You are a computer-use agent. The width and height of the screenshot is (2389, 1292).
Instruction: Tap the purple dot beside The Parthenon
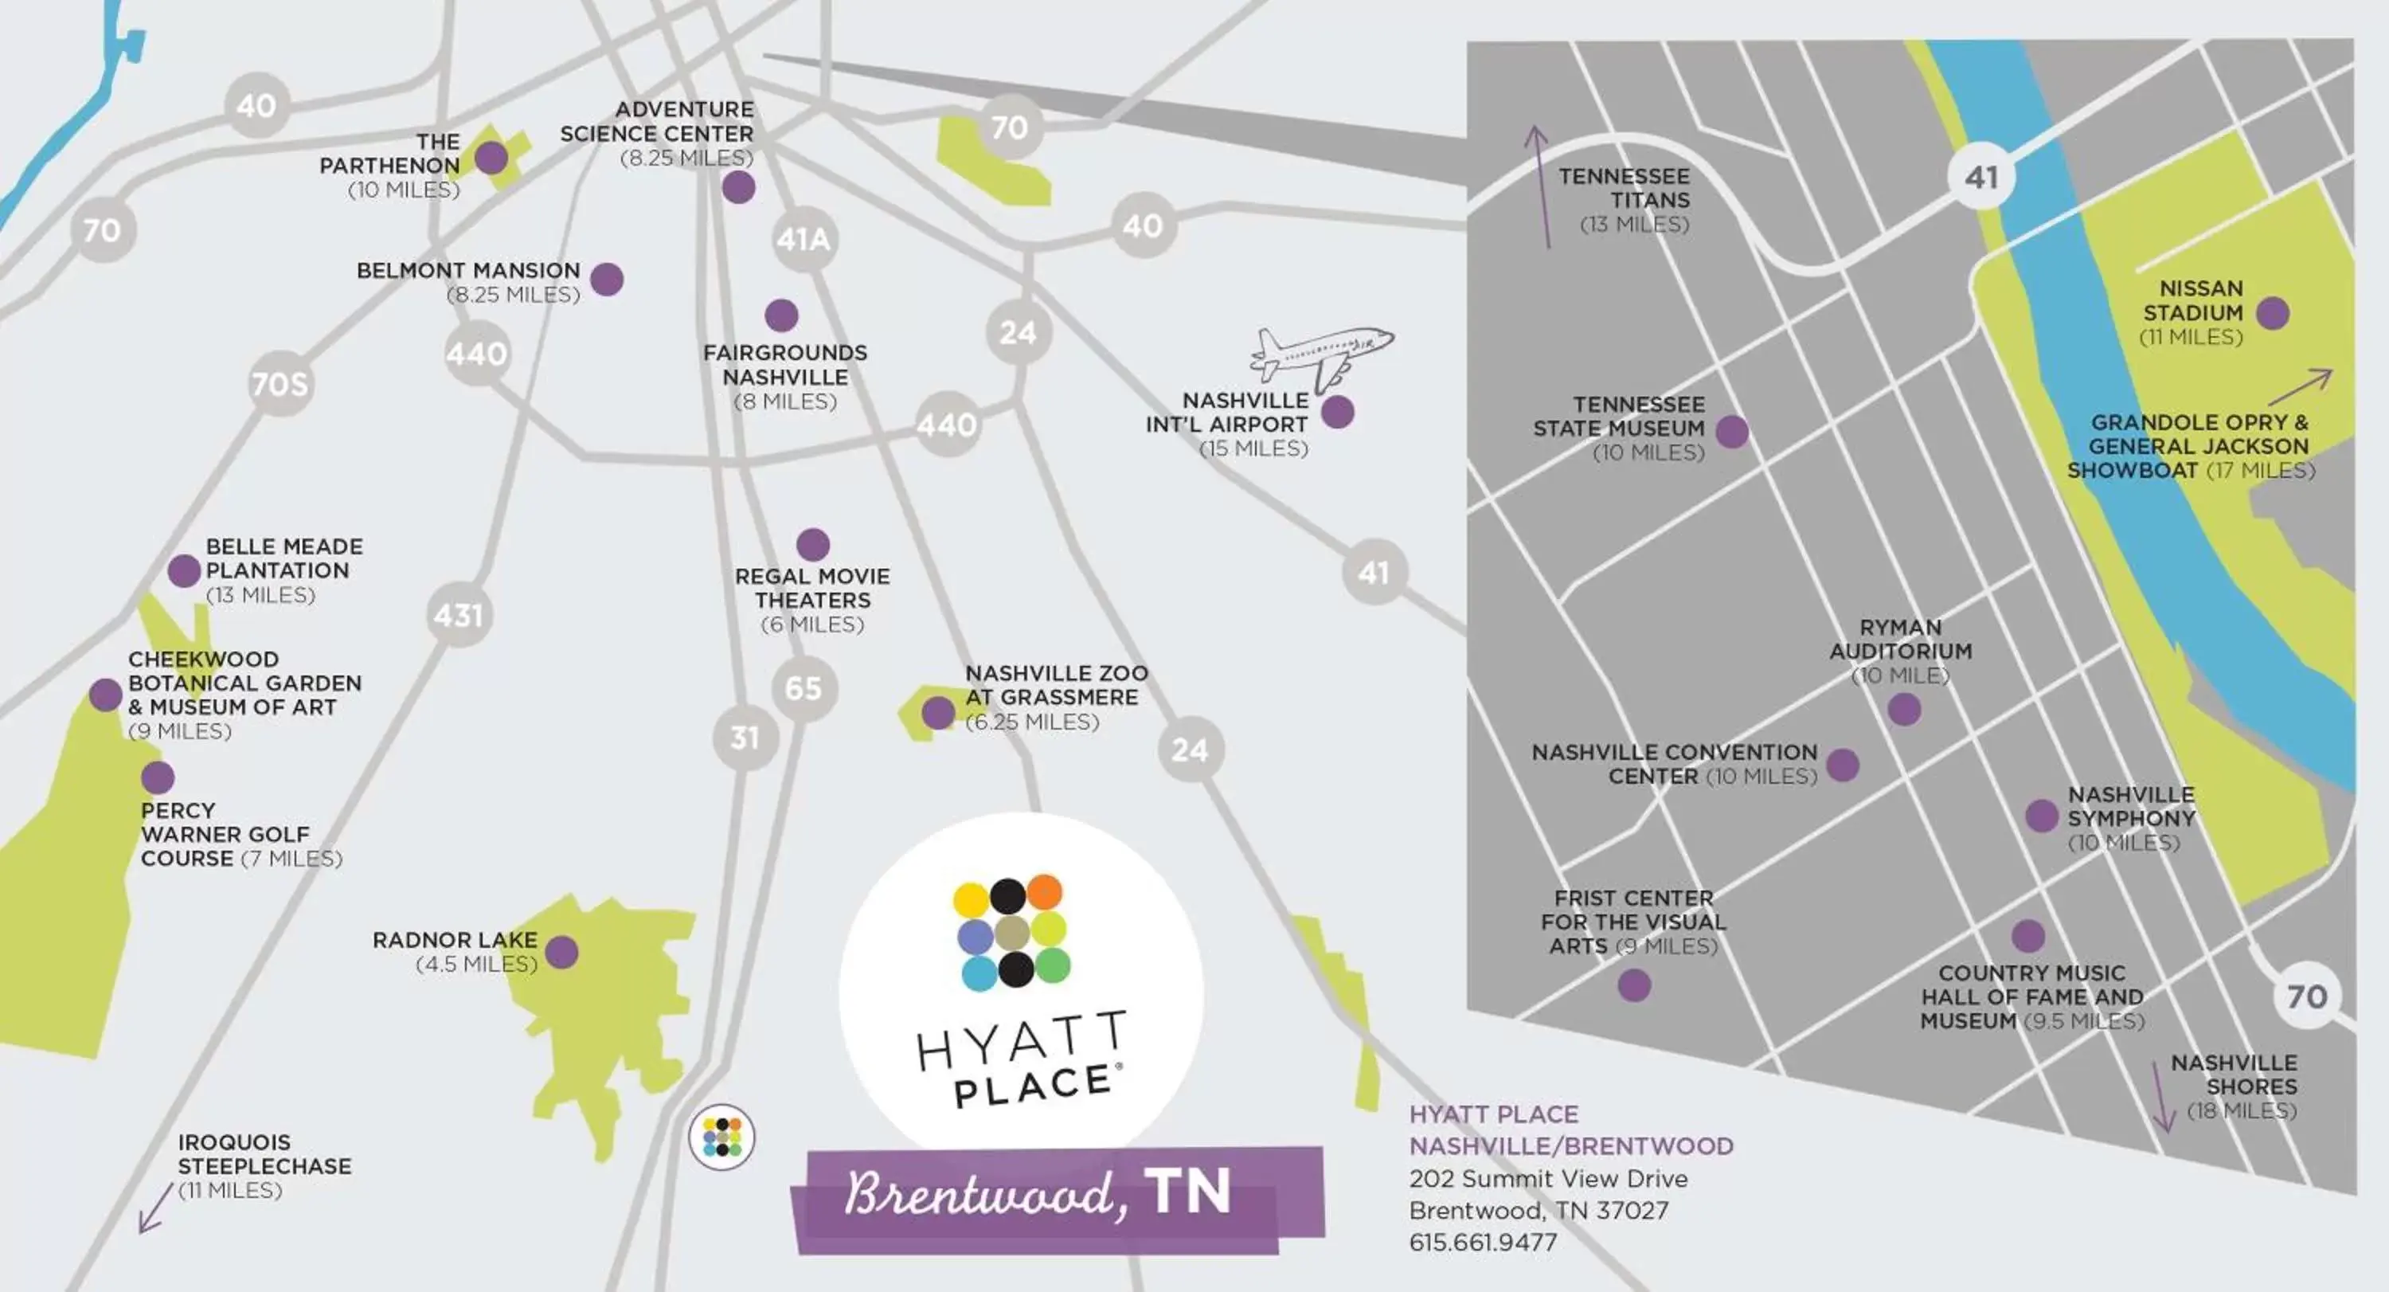(x=491, y=158)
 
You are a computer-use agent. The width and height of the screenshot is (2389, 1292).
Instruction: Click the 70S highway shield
(x=280, y=383)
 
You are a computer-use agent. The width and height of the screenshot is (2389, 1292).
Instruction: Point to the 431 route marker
(x=458, y=615)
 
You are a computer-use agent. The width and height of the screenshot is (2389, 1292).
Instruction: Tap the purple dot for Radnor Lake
(x=562, y=952)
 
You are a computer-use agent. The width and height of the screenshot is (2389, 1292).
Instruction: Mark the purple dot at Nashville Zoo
(x=937, y=712)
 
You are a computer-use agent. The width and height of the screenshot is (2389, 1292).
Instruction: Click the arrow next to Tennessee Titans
(x=1540, y=186)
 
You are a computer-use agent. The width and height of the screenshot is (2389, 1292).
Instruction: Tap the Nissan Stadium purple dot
(x=2272, y=314)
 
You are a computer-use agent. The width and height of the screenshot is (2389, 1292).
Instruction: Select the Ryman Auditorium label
(x=1900, y=639)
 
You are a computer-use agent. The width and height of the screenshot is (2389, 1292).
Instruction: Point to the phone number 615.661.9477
(x=1483, y=1242)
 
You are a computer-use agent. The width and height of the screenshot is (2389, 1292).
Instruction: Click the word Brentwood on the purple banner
(x=979, y=1194)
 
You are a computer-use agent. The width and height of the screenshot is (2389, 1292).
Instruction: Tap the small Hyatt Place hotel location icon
(x=721, y=1137)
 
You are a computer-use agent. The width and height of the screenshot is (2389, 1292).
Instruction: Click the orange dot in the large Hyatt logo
(x=1044, y=891)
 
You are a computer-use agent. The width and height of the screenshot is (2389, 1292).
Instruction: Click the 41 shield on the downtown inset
(x=1981, y=177)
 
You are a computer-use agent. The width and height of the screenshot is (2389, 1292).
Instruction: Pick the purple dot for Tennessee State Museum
(x=1731, y=431)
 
